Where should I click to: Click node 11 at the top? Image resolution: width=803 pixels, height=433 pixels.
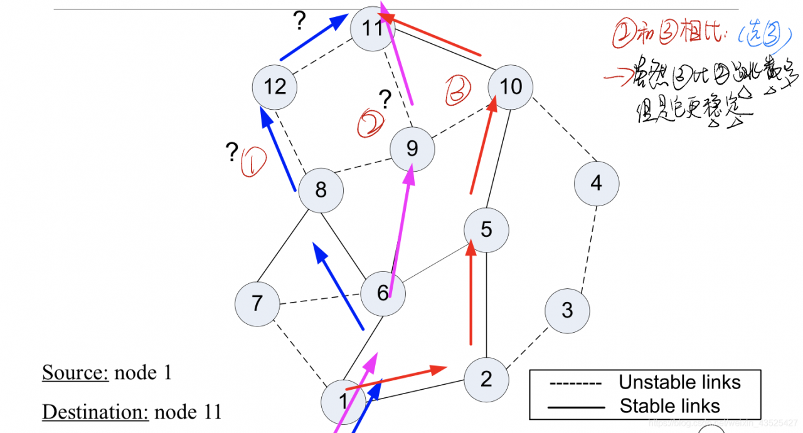click(372, 29)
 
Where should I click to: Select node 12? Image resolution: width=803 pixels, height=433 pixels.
click(275, 86)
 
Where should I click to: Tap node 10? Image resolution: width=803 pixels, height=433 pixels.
click(510, 86)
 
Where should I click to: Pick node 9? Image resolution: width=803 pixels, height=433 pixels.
click(412, 149)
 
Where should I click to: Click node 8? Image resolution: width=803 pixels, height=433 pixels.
click(321, 190)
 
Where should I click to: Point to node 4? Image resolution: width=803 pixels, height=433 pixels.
click(596, 183)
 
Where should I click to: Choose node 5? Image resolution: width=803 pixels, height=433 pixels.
click(486, 230)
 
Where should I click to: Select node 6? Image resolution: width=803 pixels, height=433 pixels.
click(383, 293)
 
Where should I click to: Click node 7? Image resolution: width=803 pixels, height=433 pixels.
click(257, 304)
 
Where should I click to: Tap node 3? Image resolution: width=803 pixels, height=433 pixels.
click(567, 310)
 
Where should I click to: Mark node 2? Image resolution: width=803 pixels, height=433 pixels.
click(486, 378)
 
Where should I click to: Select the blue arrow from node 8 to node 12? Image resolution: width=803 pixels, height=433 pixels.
click(279, 150)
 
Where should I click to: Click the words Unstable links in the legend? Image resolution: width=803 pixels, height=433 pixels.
click(679, 382)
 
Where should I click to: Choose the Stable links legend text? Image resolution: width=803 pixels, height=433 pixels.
click(669, 406)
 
